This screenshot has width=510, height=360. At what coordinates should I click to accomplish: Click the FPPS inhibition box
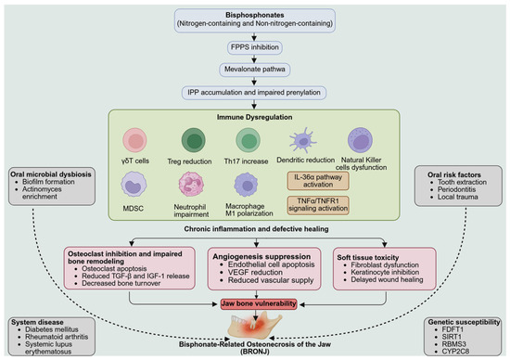[x=254, y=47]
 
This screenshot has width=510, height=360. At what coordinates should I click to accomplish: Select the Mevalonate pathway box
[x=254, y=70]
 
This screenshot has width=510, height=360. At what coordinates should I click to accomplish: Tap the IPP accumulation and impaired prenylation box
[x=254, y=93]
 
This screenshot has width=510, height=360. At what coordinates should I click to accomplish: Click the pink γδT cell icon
[x=134, y=140]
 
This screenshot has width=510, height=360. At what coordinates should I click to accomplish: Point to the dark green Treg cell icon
[x=194, y=140]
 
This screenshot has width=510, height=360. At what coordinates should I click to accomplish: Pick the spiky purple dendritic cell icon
[x=303, y=140]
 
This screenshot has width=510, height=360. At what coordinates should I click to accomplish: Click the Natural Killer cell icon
[x=360, y=140]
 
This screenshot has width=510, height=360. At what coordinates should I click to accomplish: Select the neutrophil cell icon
[x=191, y=185]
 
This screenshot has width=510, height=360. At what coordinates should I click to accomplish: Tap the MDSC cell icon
[x=134, y=185]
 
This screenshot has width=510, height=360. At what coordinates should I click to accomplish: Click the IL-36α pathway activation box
[x=318, y=181]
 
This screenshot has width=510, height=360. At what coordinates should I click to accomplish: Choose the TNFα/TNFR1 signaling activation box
[x=318, y=205]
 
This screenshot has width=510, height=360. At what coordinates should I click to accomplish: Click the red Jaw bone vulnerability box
[x=259, y=304]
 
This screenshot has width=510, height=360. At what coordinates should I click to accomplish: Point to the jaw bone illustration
[x=255, y=326]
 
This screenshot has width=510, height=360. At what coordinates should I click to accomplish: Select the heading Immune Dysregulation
[x=254, y=117]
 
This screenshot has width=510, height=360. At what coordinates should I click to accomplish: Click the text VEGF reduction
[x=255, y=273]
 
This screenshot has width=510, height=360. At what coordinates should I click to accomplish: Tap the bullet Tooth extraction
[x=462, y=182]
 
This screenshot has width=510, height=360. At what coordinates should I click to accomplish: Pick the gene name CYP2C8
[x=455, y=352]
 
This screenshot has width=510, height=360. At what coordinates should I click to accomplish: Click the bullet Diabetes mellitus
[x=52, y=329]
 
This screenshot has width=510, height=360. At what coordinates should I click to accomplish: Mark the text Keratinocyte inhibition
[x=385, y=272]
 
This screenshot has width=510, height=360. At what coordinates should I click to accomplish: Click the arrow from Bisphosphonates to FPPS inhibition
[x=254, y=37]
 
